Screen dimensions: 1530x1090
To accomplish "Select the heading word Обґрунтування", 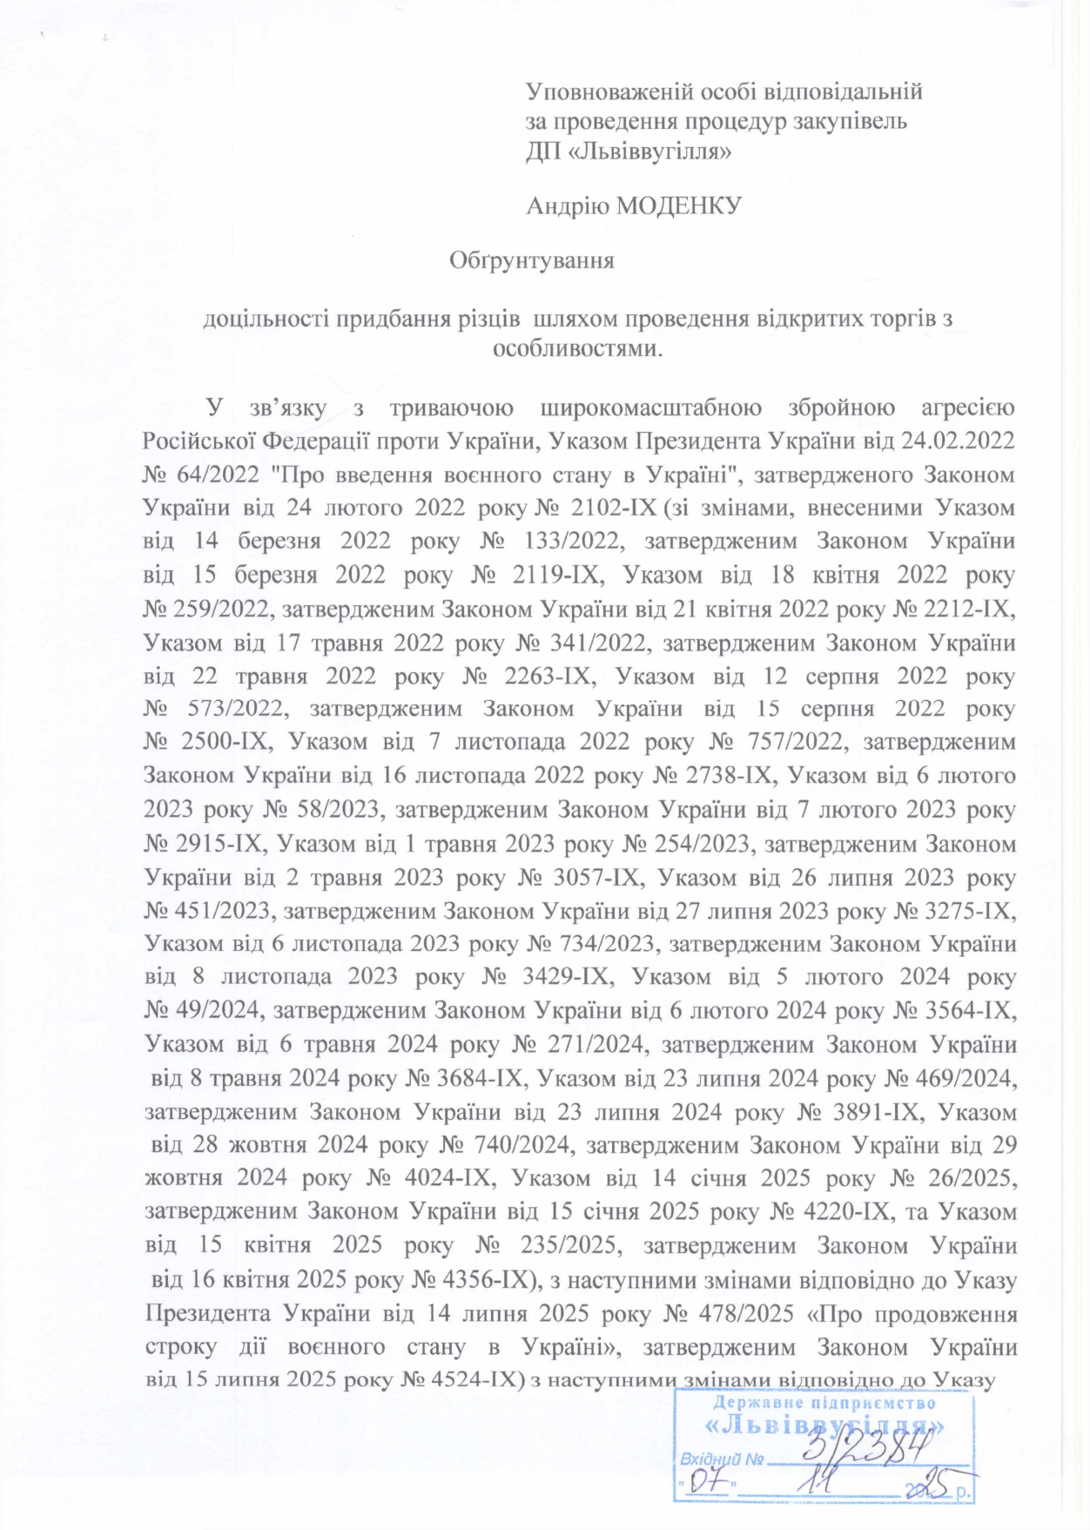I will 531,260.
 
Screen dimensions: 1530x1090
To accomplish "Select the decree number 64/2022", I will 218,475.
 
